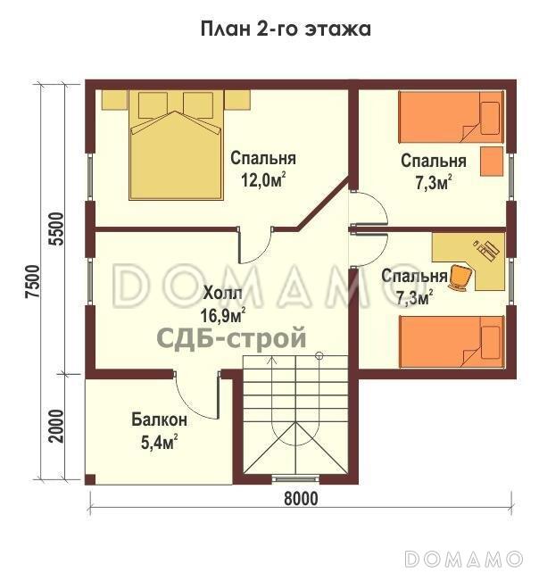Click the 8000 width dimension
[300, 499]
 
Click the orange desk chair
[460, 278]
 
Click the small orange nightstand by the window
[493, 162]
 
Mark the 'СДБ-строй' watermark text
[231, 338]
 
